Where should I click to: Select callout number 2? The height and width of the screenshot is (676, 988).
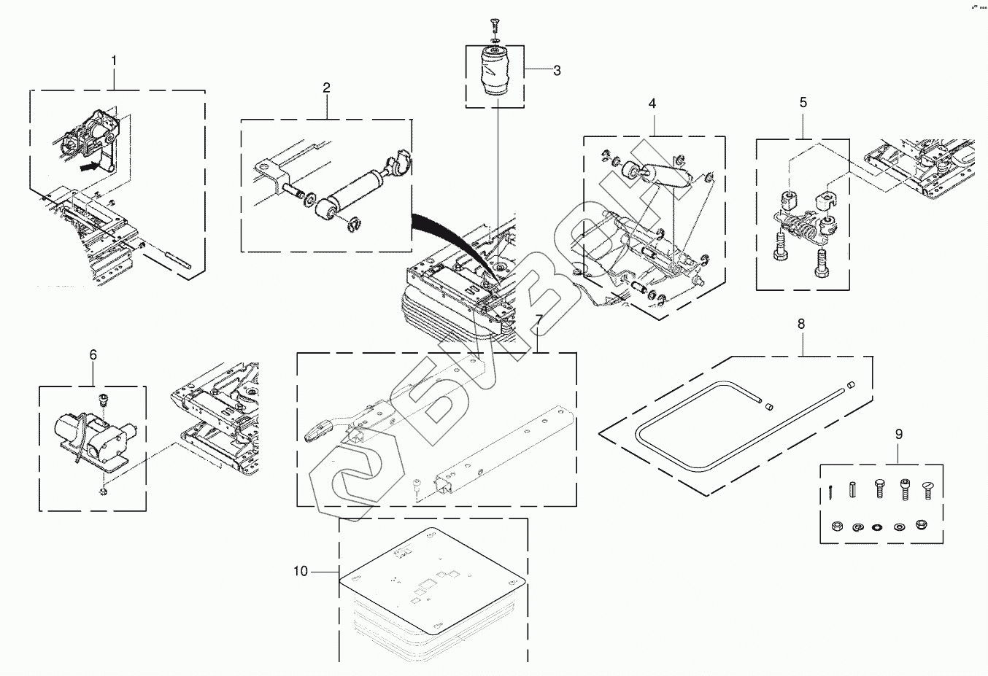tap(326, 88)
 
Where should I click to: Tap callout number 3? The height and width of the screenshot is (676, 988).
tap(557, 71)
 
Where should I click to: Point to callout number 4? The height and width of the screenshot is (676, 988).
tap(652, 104)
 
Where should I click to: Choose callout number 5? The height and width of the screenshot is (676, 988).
tap(803, 103)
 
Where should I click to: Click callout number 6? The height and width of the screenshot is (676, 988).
tap(93, 354)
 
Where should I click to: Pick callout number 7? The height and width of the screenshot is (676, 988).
tap(539, 321)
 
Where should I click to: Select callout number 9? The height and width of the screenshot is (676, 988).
tap(898, 434)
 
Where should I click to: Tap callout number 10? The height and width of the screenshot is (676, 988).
tap(301, 571)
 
